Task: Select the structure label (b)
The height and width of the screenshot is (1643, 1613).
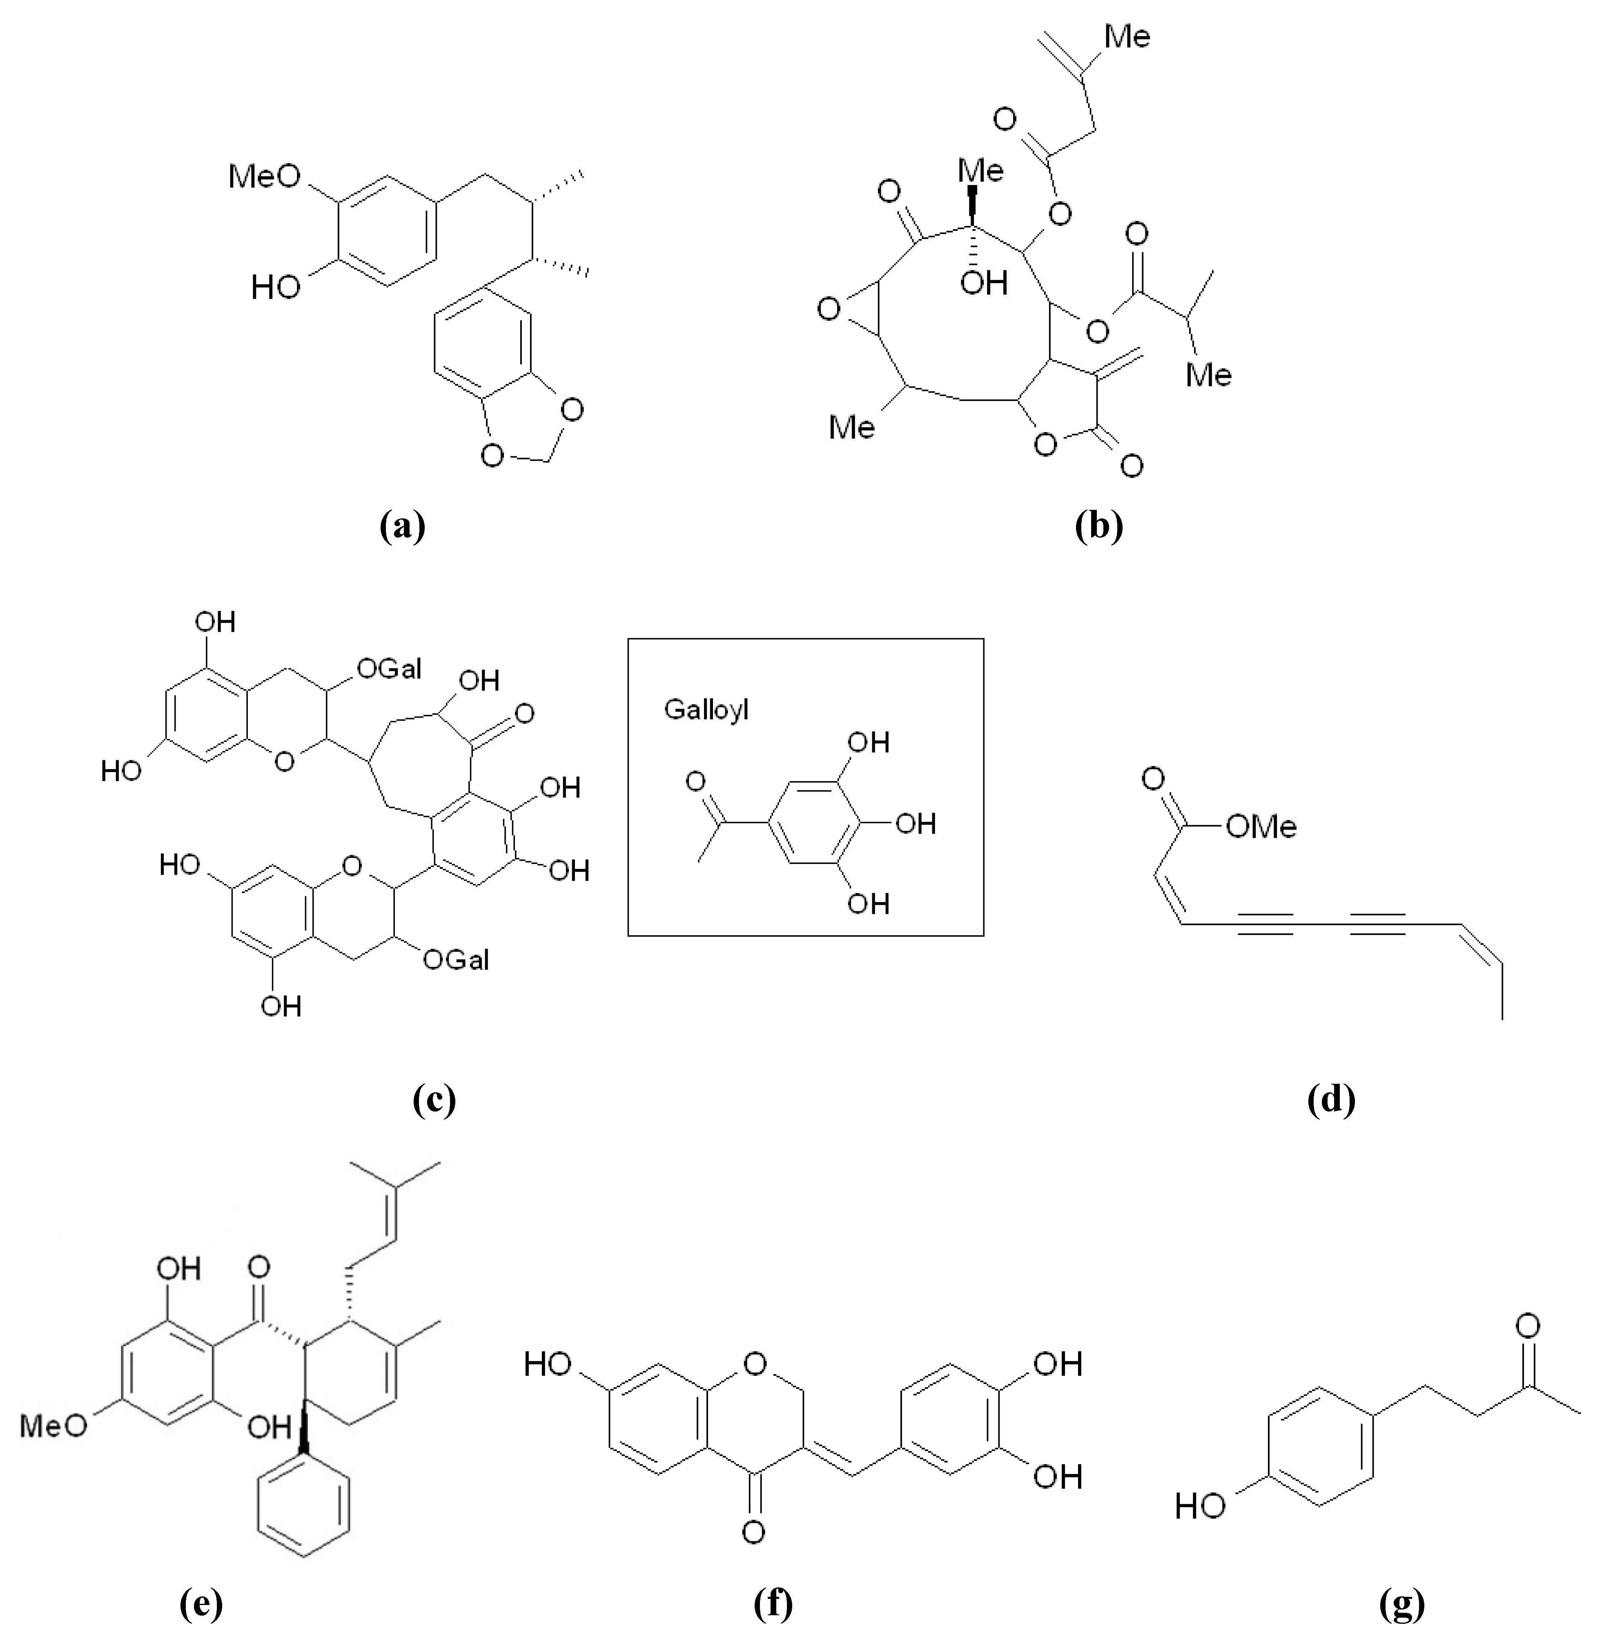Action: [x=1098, y=526]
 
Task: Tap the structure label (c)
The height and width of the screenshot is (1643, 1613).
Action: [x=434, y=1099]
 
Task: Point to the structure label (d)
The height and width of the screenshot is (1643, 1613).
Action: [x=1331, y=1099]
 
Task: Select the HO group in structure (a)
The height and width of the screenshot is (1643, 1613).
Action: [x=276, y=288]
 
